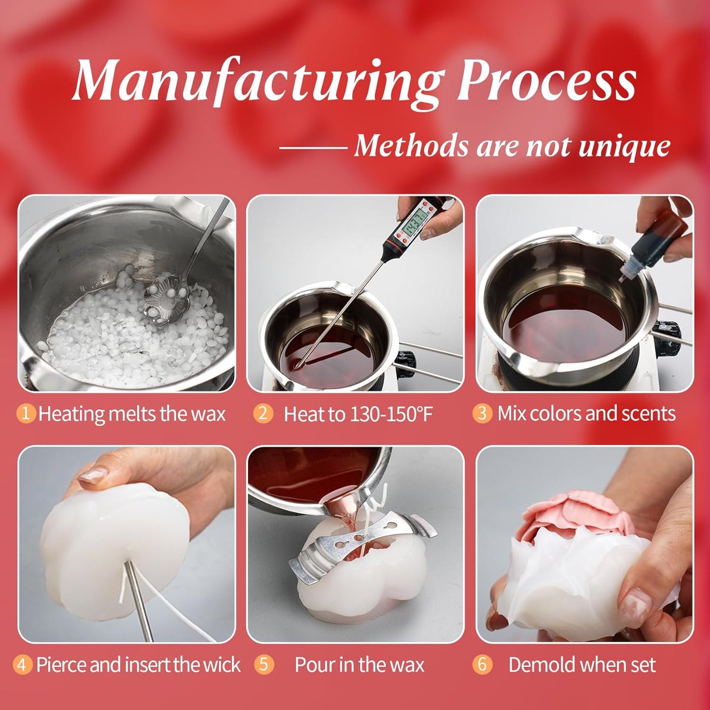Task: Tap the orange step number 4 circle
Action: (23, 665)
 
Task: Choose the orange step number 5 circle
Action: (263, 665)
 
